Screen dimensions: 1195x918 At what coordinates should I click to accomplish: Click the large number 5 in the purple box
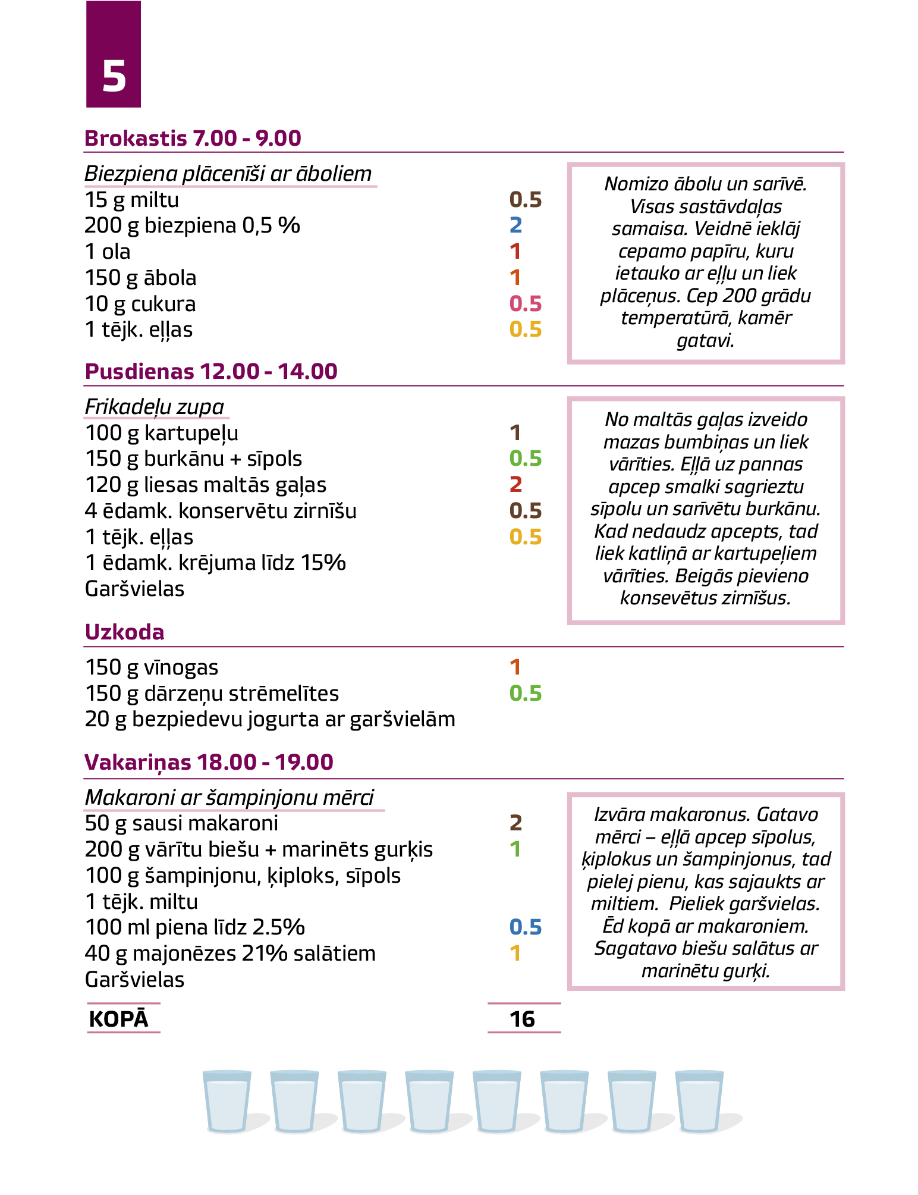point(114,77)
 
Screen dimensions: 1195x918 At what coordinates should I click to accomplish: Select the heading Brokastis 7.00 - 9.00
point(193,138)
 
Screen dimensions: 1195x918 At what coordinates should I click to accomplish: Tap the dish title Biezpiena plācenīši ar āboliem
point(228,174)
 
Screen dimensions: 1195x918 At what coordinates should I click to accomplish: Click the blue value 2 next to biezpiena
point(515,225)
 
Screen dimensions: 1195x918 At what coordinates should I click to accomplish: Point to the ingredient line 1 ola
point(108,252)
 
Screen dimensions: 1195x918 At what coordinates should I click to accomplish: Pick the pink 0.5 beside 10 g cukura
point(526,303)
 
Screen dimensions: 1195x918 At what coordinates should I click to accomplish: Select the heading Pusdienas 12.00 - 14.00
point(211,371)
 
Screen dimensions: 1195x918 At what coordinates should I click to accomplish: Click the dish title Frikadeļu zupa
point(155,407)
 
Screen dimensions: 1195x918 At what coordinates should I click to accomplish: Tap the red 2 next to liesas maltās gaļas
point(515,485)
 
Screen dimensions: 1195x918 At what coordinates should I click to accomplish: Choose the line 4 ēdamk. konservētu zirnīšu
point(221,511)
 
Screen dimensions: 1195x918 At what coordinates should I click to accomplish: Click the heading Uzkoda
point(124,632)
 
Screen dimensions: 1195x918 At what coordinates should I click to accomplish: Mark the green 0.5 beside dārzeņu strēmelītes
point(526,694)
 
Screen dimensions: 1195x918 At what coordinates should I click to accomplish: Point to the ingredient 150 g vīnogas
point(152,667)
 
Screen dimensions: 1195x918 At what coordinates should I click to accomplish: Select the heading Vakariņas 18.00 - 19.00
point(209,762)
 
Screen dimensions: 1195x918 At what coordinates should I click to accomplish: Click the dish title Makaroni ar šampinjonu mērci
point(229,798)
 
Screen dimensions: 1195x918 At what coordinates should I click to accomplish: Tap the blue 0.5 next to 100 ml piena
point(526,927)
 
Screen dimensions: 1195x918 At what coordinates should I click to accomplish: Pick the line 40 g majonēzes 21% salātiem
point(230,954)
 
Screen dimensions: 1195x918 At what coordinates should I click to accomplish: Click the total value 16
point(523,1019)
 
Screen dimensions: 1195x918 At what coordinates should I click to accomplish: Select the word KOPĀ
point(118,1019)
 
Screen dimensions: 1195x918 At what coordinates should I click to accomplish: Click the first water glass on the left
point(227,1101)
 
